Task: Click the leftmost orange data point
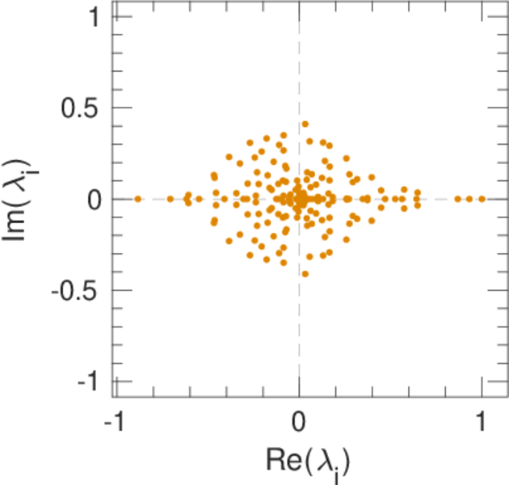(x=138, y=198)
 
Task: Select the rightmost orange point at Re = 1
(x=482, y=198)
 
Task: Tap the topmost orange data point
(x=305, y=124)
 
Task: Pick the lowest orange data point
(x=305, y=274)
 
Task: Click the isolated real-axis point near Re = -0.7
(x=170, y=198)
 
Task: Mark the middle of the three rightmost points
(x=469, y=198)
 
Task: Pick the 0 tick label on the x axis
(x=299, y=421)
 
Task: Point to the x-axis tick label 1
(x=482, y=421)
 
